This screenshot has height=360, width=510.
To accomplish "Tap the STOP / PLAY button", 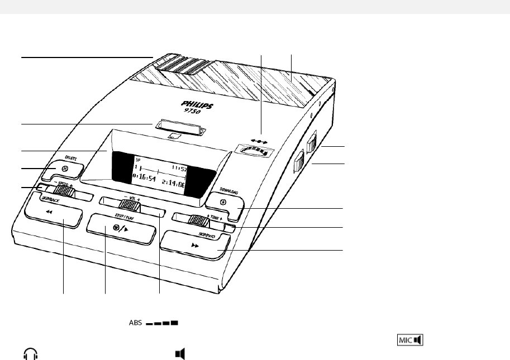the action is pyautogui.click(x=120, y=228).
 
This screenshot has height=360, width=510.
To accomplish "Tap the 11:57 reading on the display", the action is pyautogui.click(x=179, y=168).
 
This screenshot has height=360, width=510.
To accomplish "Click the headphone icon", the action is pyautogui.click(x=30, y=353).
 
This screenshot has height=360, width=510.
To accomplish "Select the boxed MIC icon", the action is pyautogui.click(x=410, y=339).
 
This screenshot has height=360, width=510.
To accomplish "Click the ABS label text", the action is pyautogui.click(x=135, y=323).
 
